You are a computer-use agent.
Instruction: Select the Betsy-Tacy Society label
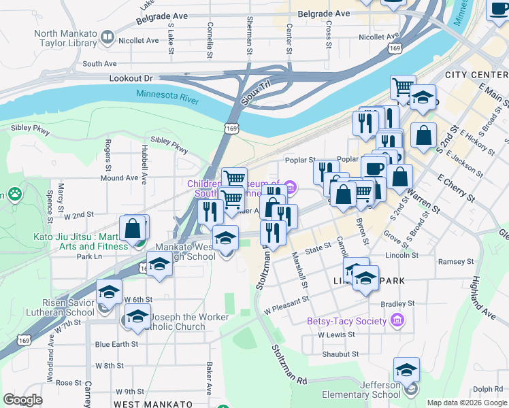[x=346, y=321]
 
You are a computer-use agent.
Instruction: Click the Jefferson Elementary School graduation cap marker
[x=406, y=371]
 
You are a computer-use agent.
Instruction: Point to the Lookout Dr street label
[x=131, y=79]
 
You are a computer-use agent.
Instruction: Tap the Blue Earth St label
[x=116, y=344]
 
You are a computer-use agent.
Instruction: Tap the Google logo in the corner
[x=22, y=400]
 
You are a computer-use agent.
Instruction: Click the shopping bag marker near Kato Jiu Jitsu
[x=133, y=228]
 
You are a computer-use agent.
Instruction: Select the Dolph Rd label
[x=488, y=390]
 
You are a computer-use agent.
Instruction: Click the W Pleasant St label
[x=286, y=299]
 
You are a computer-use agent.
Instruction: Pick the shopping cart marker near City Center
[x=403, y=87]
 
